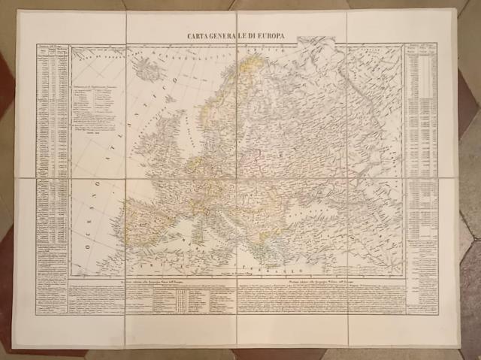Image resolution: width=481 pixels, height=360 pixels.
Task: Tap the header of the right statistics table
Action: pyautogui.click(x=420, y=48)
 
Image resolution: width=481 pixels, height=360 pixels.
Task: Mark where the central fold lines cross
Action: pyautogui.click(x=238, y=178)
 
